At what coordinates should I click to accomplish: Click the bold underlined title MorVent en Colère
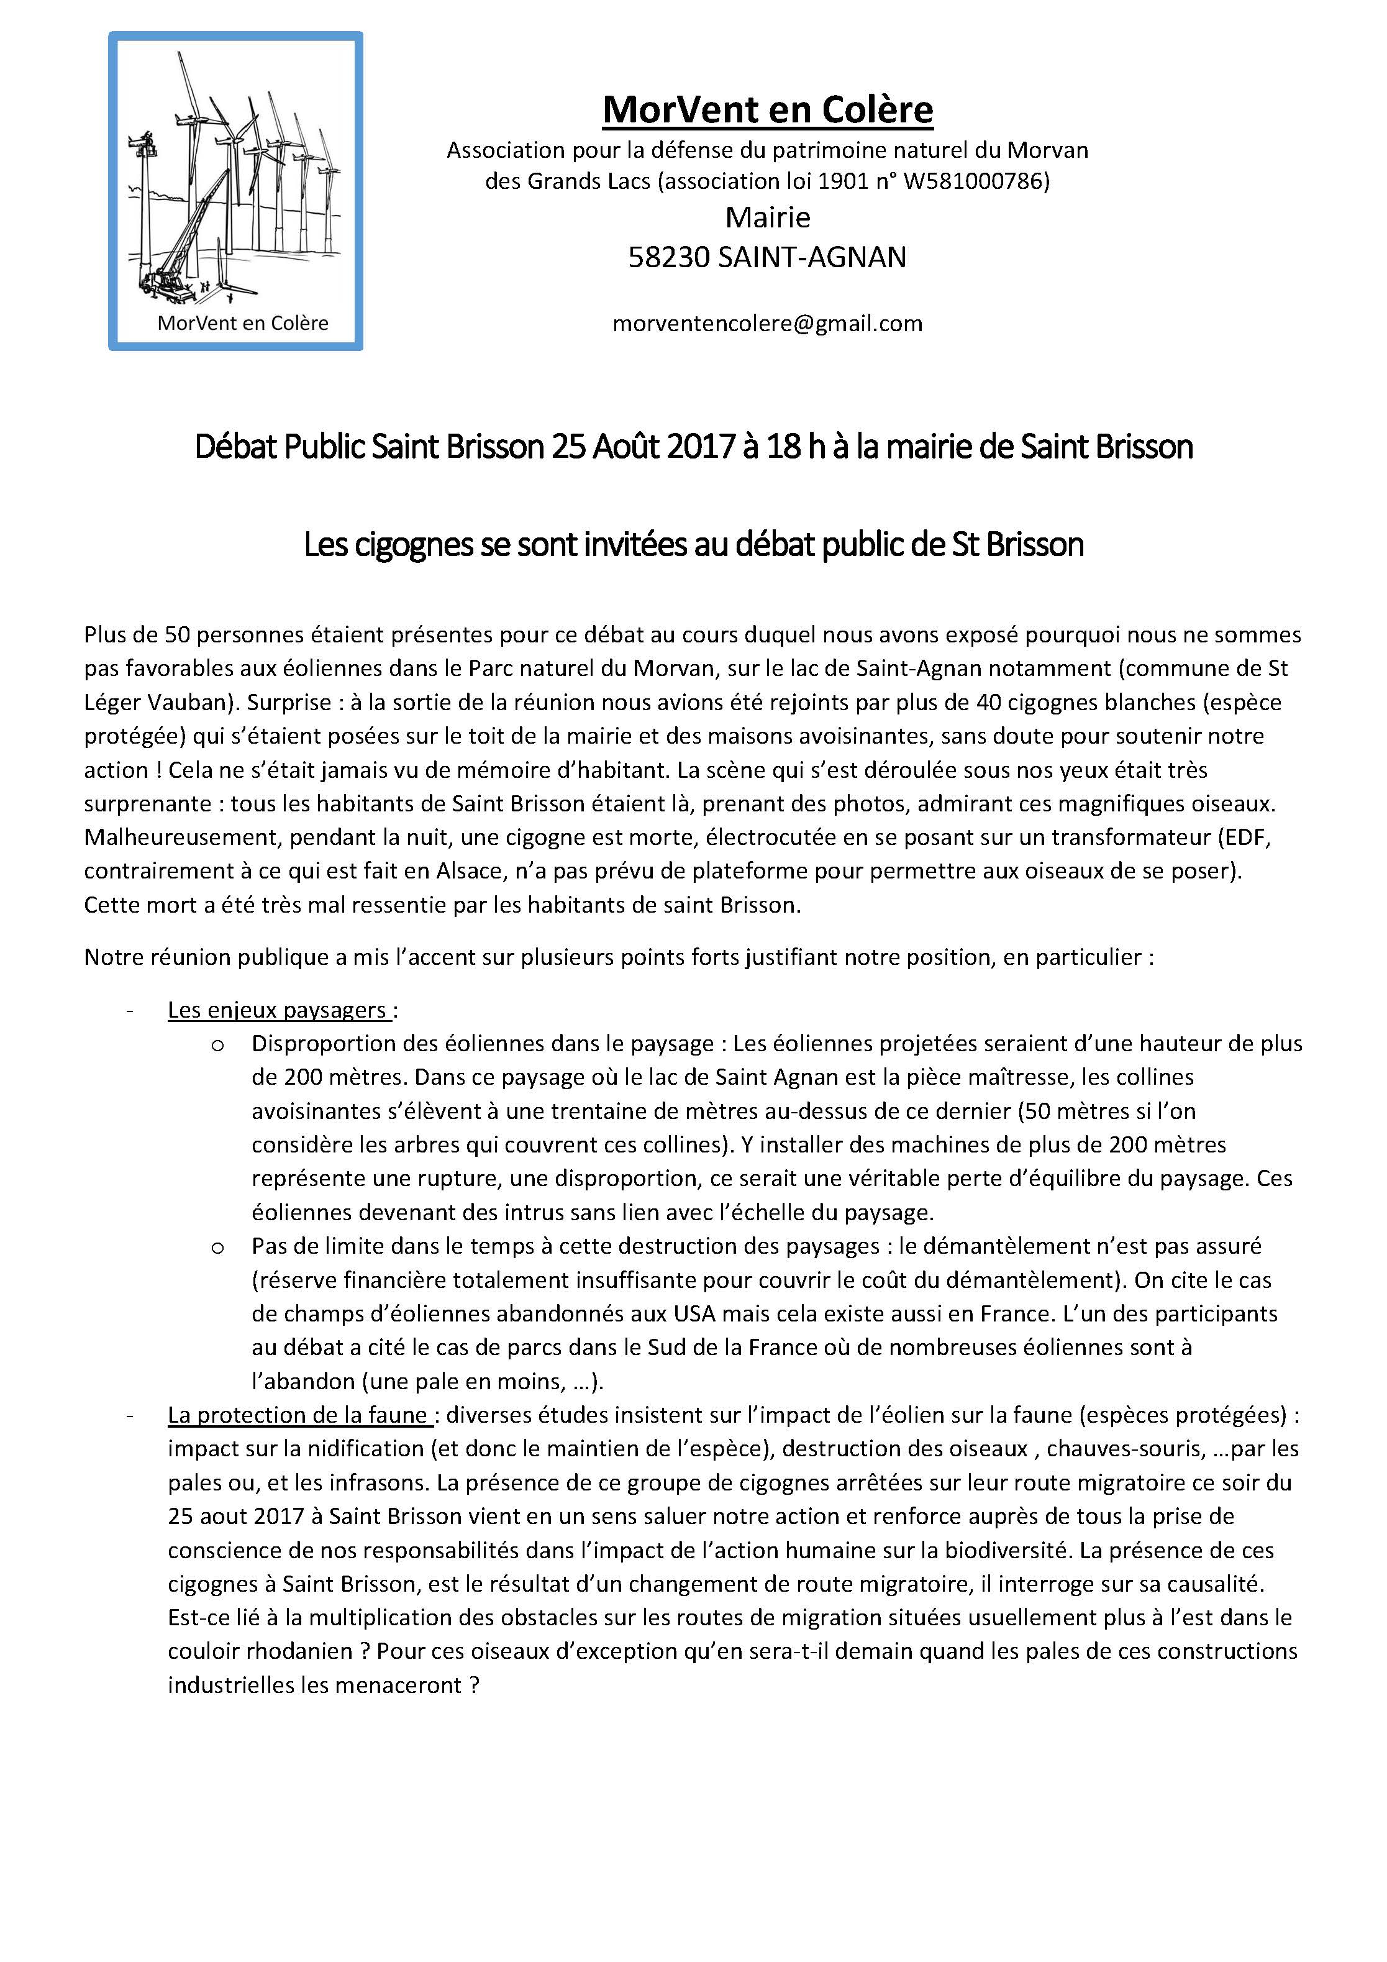tap(768, 109)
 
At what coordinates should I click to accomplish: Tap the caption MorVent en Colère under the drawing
tap(243, 323)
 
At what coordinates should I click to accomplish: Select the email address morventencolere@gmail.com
tap(768, 323)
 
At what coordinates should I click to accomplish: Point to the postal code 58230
tap(668, 257)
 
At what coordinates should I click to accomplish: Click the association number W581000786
tap(971, 181)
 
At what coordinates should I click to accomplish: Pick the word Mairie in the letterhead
tap(768, 218)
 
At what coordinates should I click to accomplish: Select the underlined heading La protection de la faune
tap(299, 1415)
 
